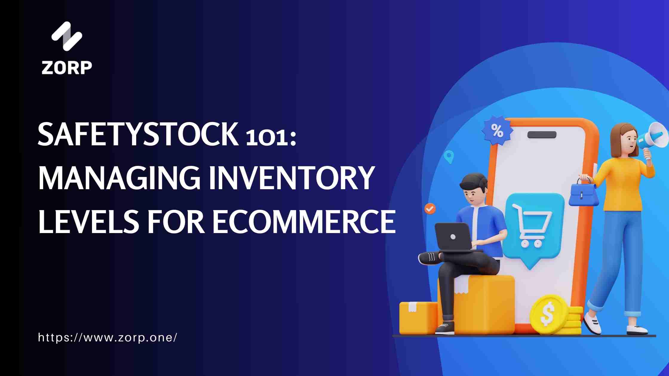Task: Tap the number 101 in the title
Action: [x=267, y=139]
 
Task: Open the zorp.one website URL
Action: [x=108, y=338]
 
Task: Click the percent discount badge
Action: [x=497, y=131]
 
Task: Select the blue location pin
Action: [x=449, y=156]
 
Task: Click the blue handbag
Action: [x=583, y=195]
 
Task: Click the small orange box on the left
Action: [x=418, y=318]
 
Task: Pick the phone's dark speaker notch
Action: [x=542, y=135]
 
